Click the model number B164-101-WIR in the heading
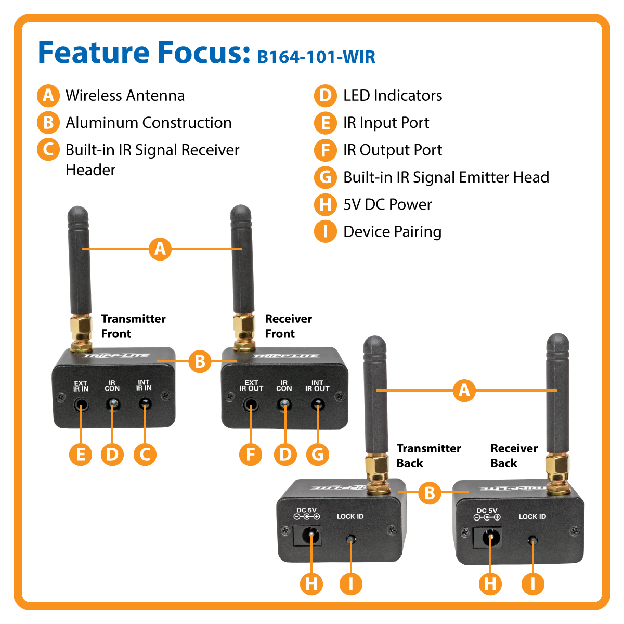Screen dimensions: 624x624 click(316, 56)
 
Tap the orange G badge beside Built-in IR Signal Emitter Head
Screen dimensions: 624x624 click(326, 177)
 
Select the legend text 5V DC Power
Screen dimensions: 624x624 click(387, 204)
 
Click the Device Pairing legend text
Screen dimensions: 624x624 click(392, 231)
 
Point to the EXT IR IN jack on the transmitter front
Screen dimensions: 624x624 click(81, 404)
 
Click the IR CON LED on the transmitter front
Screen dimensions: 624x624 click(112, 404)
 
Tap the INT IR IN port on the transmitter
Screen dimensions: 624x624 click(145, 404)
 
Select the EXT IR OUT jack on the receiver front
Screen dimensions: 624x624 click(251, 404)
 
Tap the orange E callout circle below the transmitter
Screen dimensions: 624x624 click(81, 454)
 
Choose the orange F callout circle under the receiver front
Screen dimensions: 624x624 click(251, 454)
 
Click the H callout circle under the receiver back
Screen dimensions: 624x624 click(490, 583)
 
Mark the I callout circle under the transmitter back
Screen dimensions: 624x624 click(351, 583)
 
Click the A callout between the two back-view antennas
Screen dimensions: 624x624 click(464, 390)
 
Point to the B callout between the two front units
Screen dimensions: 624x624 click(200, 360)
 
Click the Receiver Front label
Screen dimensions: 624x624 click(288, 326)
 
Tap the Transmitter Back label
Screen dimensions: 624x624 click(428, 456)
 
